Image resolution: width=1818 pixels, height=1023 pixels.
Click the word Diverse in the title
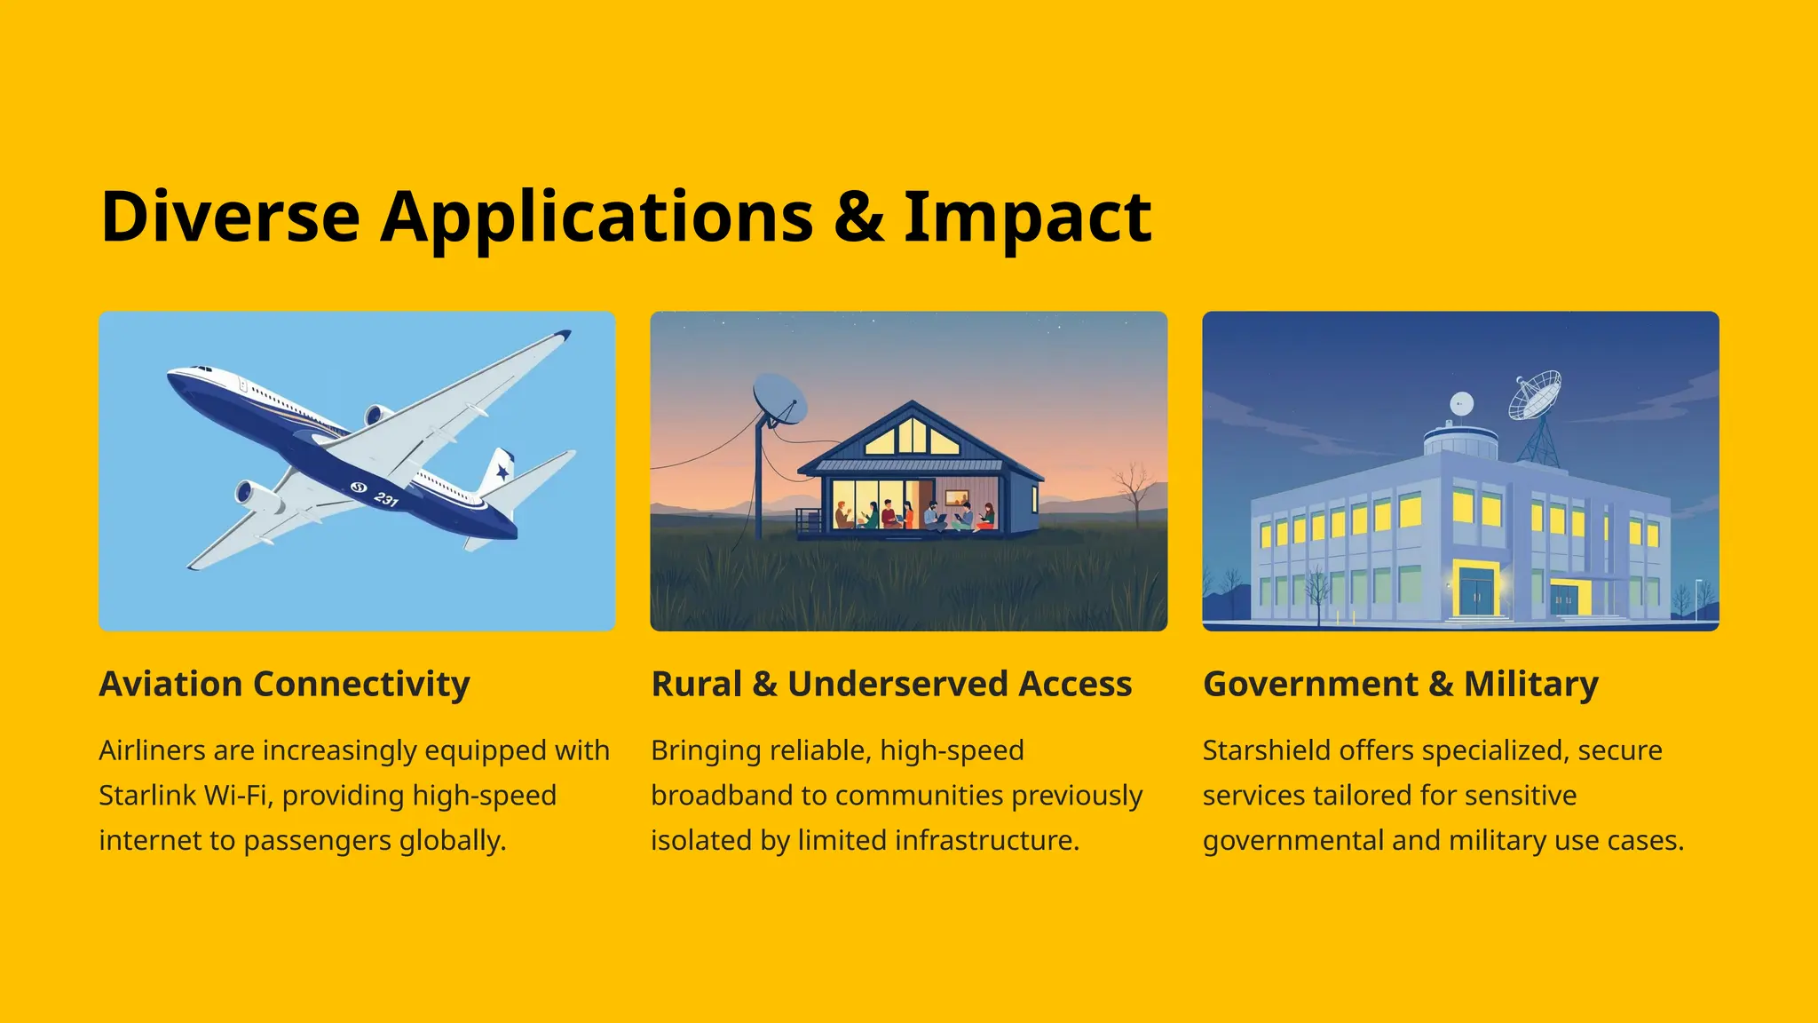(x=230, y=217)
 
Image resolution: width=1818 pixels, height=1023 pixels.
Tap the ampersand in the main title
(x=858, y=217)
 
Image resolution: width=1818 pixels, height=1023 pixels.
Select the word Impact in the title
(x=1027, y=218)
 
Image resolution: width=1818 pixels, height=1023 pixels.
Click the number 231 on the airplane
(x=386, y=499)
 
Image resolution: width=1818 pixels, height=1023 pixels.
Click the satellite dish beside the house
(x=779, y=399)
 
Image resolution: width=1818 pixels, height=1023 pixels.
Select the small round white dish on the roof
(x=1461, y=404)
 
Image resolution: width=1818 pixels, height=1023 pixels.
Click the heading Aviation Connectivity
(x=284, y=684)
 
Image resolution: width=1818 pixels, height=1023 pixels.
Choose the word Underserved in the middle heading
(x=897, y=684)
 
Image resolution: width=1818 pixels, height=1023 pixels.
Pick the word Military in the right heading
(x=1530, y=684)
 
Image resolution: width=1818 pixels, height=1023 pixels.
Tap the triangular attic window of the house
(x=912, y=436)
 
